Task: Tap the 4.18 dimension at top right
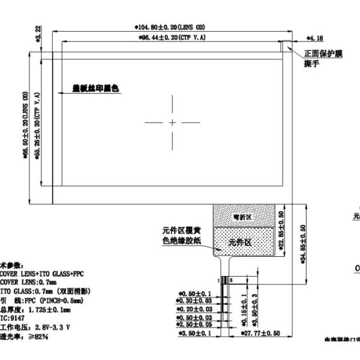(x=315, y=37)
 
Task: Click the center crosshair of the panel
(x=172, y=122)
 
